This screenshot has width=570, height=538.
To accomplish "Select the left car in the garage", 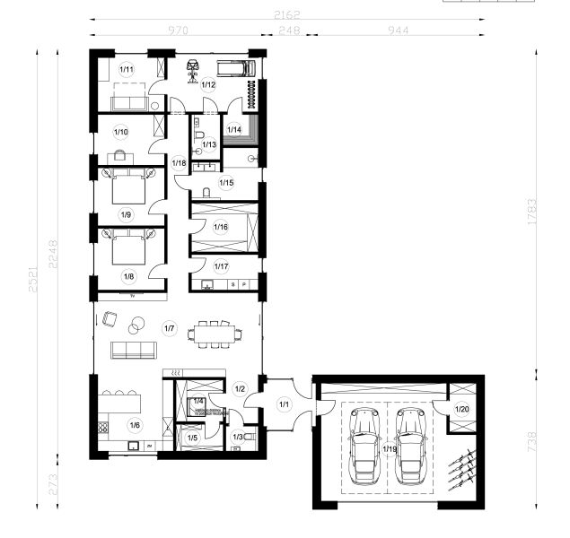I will click(x=364, y=444).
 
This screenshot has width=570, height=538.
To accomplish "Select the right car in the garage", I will click(x=410, y=444).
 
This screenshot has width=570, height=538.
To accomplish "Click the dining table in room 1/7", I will click(x=215, y=334).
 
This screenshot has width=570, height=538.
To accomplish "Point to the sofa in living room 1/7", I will click(x=131, y=348).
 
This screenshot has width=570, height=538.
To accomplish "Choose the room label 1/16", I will click(x=221, y=226).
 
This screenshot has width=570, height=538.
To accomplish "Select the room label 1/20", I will click(x=461, y=409).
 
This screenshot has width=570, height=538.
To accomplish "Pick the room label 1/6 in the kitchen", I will click(x=135, y=425).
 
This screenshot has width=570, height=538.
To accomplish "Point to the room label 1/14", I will click(x=233, y=129).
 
